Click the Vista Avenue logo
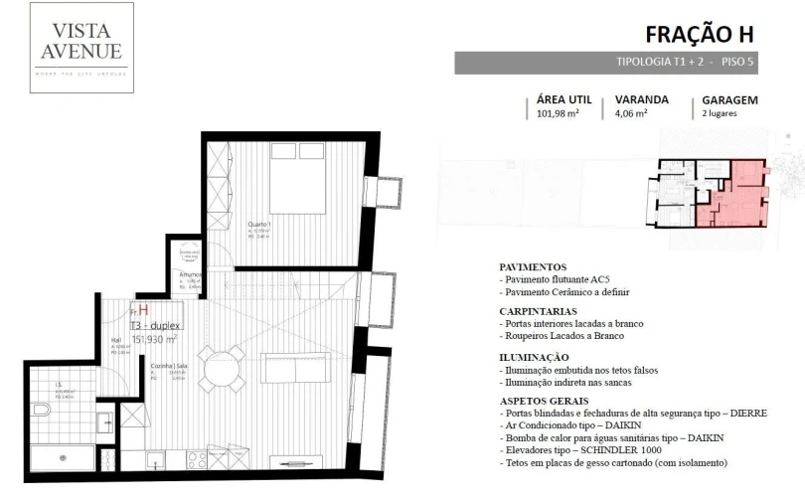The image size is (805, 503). tap(81, 48)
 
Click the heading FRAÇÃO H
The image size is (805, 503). tap(700, 34)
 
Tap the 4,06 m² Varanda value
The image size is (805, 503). tap(632, 114)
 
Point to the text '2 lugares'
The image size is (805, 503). tap(720, 114)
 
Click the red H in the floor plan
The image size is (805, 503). tap(143, 311)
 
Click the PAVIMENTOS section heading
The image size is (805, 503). tap(533, 267)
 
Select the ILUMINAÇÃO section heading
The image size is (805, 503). tap(535, 357)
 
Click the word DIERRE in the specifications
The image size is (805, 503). tap(744, 413)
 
